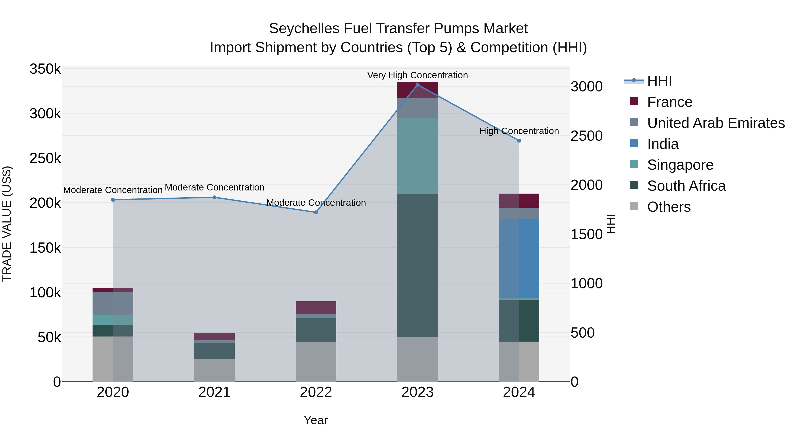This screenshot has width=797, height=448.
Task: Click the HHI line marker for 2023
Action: pos(417,85)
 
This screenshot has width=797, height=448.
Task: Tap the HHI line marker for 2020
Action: pos(113,200)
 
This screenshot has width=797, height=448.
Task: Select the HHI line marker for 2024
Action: pos(519,141)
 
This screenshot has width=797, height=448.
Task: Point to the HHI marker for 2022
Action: pos(316,212)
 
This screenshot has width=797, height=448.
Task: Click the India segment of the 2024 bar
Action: pos(519,258)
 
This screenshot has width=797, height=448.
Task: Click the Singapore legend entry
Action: pos(680,165)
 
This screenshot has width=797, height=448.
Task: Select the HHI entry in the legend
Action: pos(659,81)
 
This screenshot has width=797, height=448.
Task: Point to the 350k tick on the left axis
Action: pos(45,69)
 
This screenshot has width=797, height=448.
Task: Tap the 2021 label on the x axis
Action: pos(214,392)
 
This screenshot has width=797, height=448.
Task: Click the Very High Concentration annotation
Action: pos(417,75)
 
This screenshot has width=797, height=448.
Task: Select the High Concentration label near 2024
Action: pos(519,131)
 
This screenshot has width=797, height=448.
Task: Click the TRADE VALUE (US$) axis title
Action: pos(7,224)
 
